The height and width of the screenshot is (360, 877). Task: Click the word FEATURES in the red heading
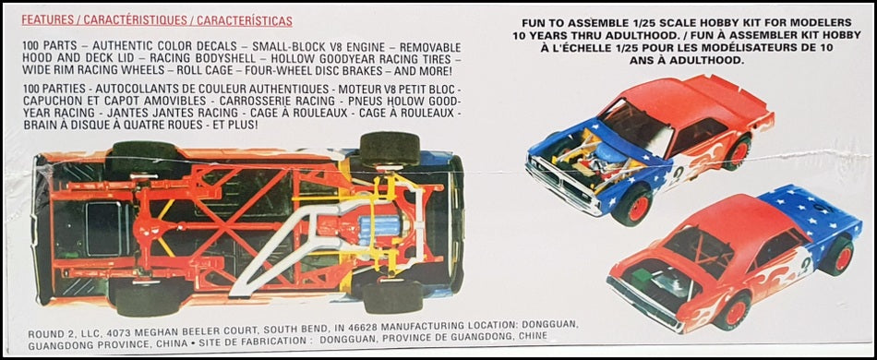coord(47,21)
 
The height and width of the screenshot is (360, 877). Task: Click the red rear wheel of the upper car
coord(738,152)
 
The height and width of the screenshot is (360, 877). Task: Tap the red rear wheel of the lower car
coord(837,257)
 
